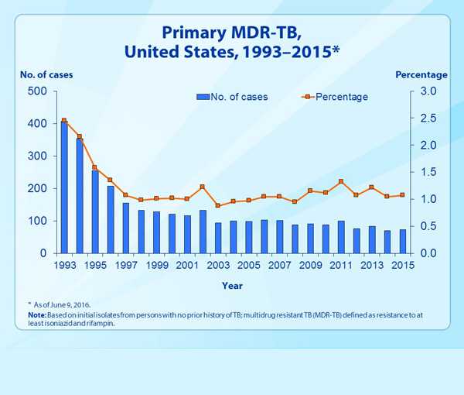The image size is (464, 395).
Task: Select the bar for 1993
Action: point(64,187)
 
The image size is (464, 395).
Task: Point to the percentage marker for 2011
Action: point(341,181)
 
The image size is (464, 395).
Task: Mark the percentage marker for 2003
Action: point(218,205)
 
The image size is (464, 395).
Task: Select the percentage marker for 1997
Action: point(125,195)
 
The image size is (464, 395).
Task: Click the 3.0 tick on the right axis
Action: point(429,91)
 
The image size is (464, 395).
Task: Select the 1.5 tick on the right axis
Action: point(429,172)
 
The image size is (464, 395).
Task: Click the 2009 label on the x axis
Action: point(310,266)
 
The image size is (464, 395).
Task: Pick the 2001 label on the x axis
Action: point(187,266)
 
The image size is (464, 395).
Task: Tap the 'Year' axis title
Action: point(232,285)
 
